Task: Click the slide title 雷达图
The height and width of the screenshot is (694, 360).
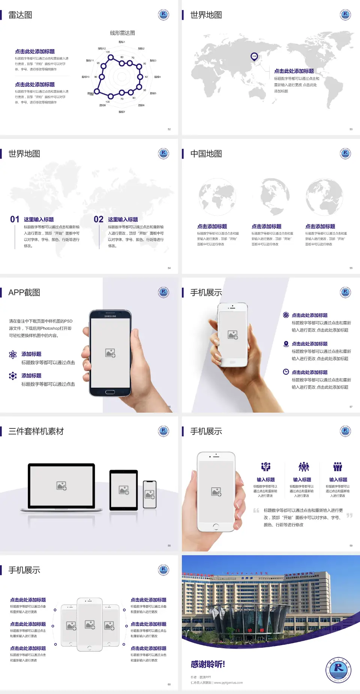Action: click(x=20, y=15)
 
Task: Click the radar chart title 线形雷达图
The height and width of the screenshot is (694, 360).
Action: click(x=122, y=33)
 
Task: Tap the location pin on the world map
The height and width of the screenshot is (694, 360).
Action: click(x=254, y=57)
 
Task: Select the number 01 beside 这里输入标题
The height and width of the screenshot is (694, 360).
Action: click(x=15, y=219)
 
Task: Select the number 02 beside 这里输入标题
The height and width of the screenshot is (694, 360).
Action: click(x=99, y=219)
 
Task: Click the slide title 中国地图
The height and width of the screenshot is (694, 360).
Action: click(x=206, y=154)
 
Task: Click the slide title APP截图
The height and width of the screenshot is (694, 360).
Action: click(x=24, y=293)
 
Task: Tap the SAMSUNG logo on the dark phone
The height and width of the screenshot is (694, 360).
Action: click(x=110, y=316)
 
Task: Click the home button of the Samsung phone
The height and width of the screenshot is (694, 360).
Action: click(x=110, y=392)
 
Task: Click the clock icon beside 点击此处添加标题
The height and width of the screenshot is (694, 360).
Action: click(x=286, y=372)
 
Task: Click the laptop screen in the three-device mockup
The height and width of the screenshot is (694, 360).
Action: click(x=61, y=485)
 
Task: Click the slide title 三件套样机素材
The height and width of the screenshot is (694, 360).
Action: click(x=36, y=431)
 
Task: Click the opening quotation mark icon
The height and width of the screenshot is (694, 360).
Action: click(x=256, y=511)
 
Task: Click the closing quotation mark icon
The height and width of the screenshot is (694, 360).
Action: click(x=349, y=515)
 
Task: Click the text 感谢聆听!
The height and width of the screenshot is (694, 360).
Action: click(x=208, y=664)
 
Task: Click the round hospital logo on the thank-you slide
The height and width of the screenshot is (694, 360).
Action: click(x=338, y=670)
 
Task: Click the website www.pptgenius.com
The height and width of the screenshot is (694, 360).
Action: click(x=228, y=683)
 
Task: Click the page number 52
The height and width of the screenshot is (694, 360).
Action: click(x=169, y=129)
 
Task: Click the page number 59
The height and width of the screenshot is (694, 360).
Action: click(x=351, y=546)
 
